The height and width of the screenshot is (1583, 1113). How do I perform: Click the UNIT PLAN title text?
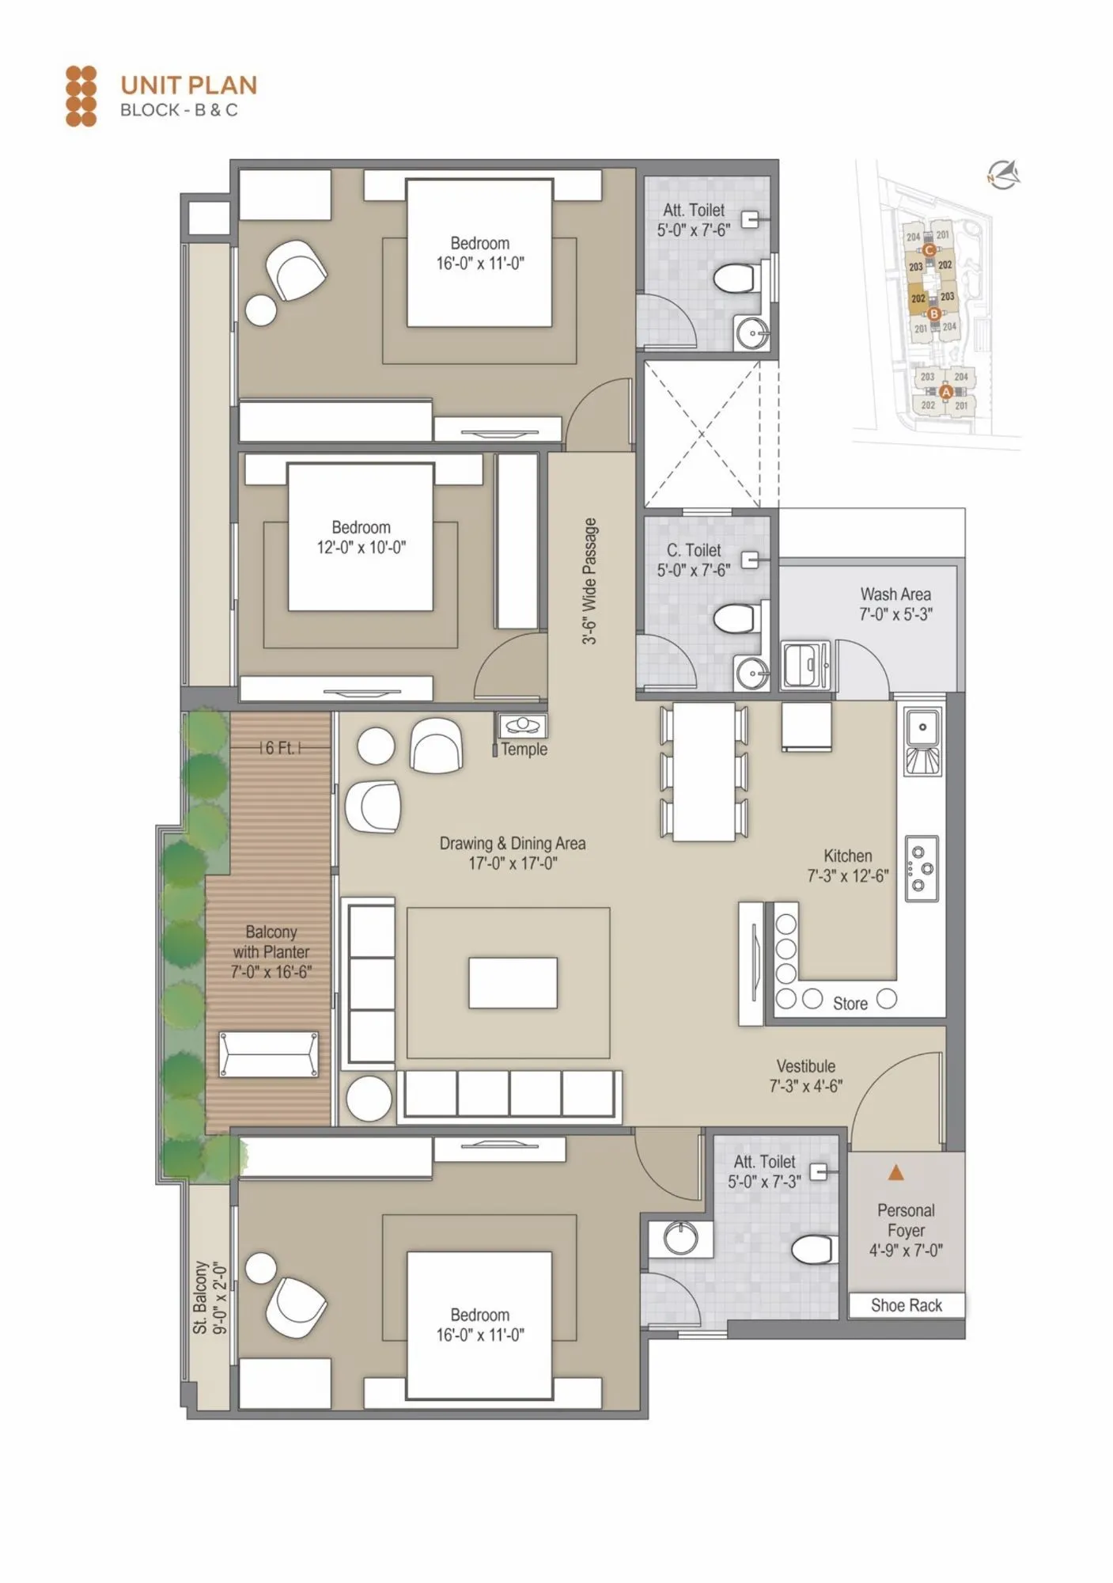[x=188, y=85]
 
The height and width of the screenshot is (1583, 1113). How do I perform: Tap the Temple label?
[x=524, y=749]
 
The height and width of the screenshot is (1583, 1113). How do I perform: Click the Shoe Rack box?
[x=906, y=1305]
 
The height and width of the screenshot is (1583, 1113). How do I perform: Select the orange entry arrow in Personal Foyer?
[x=895, y=1172]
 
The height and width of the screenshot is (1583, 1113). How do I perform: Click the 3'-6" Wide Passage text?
[x=589, y=581]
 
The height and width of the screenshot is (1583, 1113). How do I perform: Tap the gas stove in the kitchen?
[x=922, y=868]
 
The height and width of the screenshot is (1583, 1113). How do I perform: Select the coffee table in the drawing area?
[x=513, y=982]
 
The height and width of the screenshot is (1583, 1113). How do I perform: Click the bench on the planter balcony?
[x=269, y=1053]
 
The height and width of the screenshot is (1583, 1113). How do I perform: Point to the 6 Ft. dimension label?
[x=280, y=748]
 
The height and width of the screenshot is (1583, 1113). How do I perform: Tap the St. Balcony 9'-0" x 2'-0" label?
[x=210, y=1297]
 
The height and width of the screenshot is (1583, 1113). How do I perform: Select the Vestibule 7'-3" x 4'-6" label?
[x=805, y=1076]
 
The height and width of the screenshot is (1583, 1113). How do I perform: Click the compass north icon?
[x=1004, y=174]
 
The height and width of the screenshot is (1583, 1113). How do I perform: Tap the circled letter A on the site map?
[x=946, y=391]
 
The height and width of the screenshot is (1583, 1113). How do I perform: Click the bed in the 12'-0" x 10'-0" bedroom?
[x=360, y=537]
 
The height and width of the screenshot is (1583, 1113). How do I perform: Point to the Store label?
[x=850, y=1004]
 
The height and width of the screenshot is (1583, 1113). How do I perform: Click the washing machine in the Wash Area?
[x=805, y=666]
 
